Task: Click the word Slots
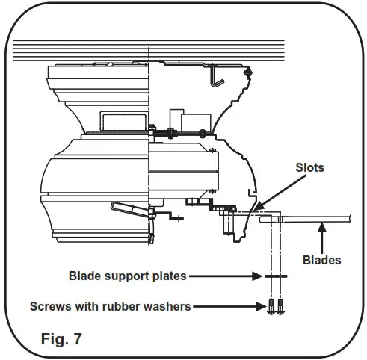309,167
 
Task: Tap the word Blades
321,260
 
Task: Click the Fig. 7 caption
61,338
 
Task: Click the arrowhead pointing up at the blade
322,228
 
